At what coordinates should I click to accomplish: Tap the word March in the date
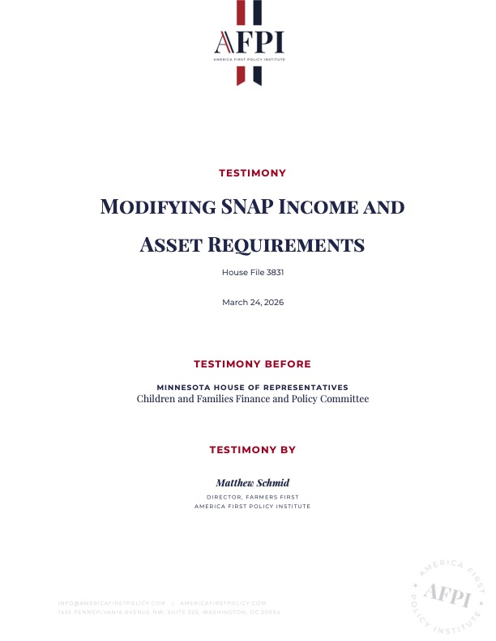click(x=233, y=302)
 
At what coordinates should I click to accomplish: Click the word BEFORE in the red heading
click(x=286, y=364)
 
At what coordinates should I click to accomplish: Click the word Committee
click(x=345, y=399)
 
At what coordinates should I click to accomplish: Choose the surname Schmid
click(x=272, y=482)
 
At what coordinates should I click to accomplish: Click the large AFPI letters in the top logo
click(x=249, y=41)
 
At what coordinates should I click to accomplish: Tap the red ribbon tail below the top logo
click(x=241, y=74)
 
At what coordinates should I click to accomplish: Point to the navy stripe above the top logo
click(x=256, y=12)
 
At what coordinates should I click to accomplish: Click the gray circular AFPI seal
click(x=448, y=595)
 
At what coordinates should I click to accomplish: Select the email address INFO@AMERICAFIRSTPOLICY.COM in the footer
click(x=112, y=603)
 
